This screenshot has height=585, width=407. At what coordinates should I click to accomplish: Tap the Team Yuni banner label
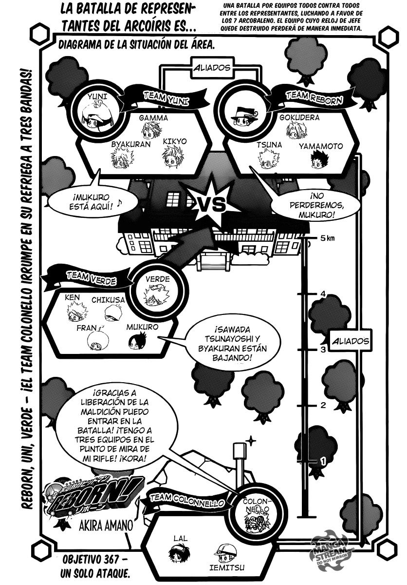(166, 99)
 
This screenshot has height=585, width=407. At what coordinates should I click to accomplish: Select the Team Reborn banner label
(314, 98)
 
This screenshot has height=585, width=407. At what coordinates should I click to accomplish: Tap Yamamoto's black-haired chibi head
(319, 160)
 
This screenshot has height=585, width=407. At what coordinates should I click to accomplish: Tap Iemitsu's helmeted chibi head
(225, 553)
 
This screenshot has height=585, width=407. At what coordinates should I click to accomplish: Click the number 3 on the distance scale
(323, 350)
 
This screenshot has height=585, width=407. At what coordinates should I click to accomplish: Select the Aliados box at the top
(212, 68)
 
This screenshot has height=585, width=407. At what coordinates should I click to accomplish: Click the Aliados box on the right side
(351, 341)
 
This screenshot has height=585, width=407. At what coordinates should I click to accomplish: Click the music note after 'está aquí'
(119, 203)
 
